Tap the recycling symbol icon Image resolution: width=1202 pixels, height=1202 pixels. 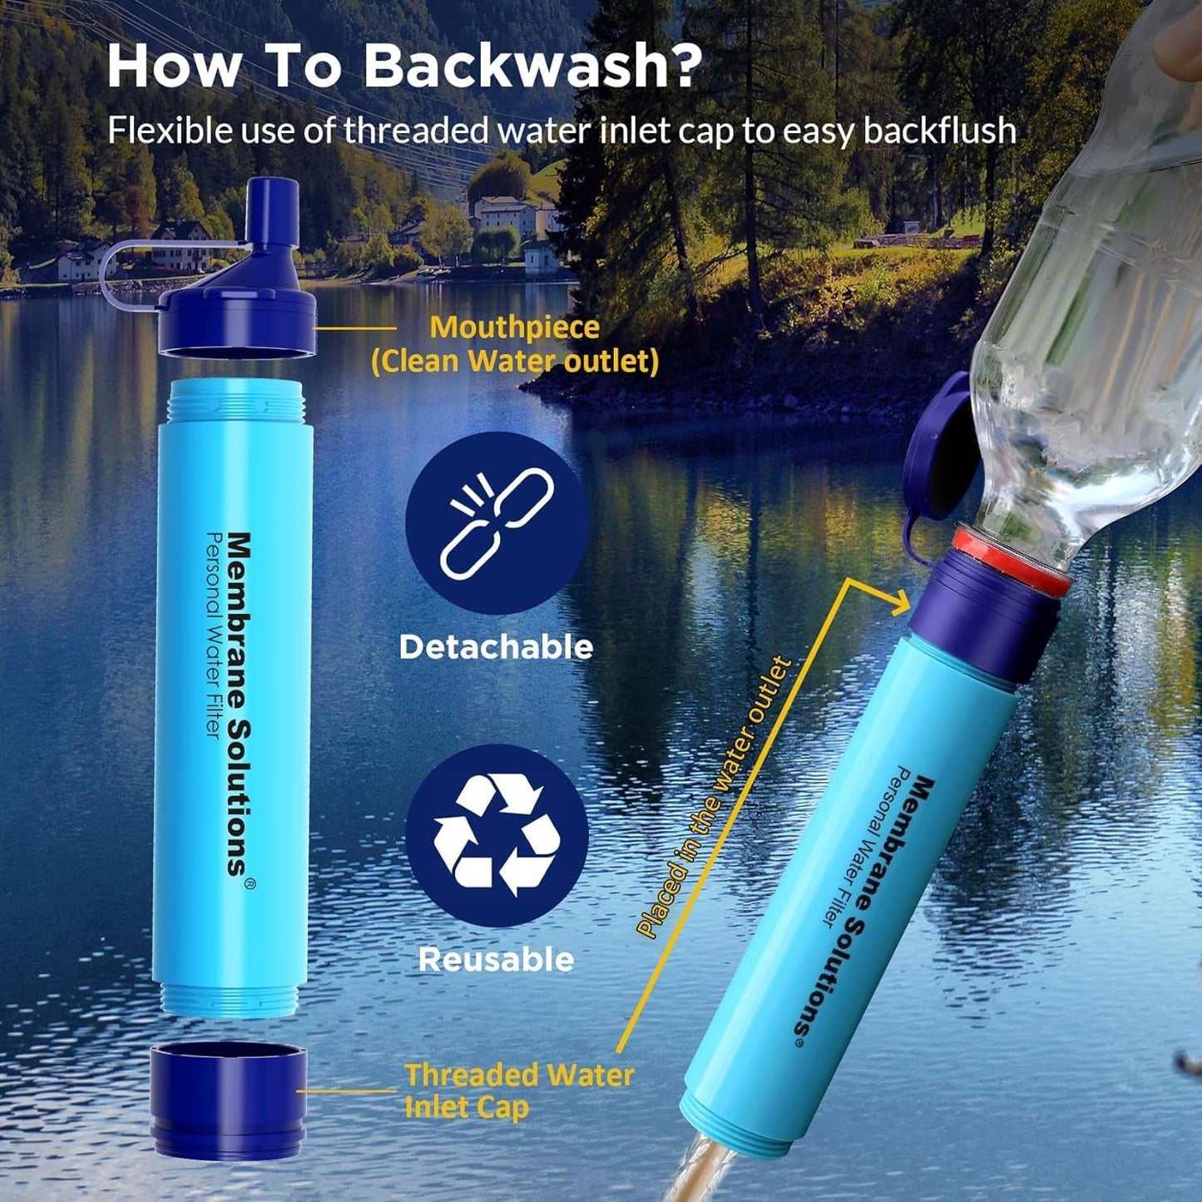click(x=497, y=834)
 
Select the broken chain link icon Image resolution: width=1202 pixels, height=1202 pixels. click(x=497, y=522)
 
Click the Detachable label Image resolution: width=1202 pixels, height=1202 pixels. click(x=496, y=647)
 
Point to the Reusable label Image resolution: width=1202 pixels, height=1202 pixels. click(x=496, y=960)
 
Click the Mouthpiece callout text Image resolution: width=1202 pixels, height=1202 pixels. click(x=514, y=328)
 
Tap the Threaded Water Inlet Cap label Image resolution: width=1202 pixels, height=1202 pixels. click(x=517, y=1091)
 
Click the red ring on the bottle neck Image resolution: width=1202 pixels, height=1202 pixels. click(x=1011, y=559)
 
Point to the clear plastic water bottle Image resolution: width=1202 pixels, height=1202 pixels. click(x=1081, y=333)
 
